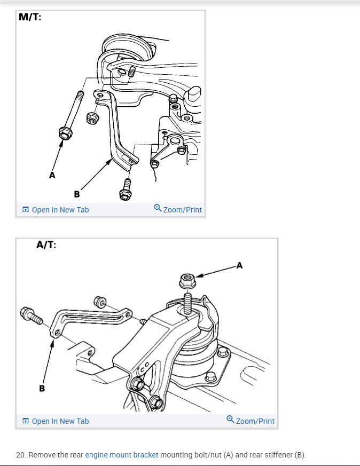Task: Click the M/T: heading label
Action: [x=30, y=17]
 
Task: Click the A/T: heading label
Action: [x=46, y=245]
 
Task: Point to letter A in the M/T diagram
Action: [x=52, y=175]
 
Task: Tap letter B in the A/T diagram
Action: [x=42, y=388]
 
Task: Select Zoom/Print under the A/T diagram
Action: [x=255, y=421]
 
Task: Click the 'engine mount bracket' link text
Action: [x=122, y=455]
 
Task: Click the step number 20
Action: [x=20, y=455]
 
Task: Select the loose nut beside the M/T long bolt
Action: [x=92, y=119]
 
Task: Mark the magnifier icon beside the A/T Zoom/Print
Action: [x=230, y=420]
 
